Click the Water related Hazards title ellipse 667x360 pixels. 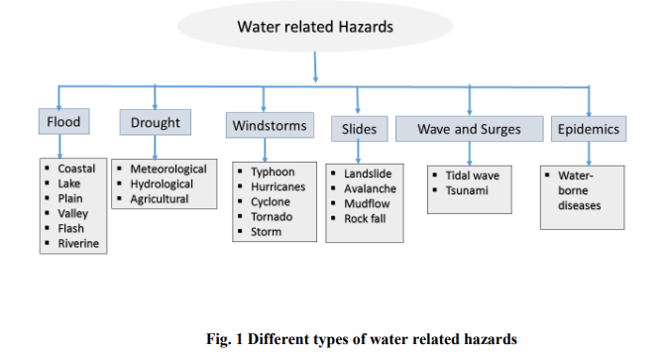(x=315, y=27)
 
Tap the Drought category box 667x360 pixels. (x=156, y=123)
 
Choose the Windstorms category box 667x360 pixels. (x=270, y=126)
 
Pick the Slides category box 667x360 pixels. (x=359, y=129)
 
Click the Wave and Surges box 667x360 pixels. (x=469, y=129)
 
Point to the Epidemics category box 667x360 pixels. (x=589, y=129)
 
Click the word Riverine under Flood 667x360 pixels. (x=78, y=243)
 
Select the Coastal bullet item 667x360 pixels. (x=76, y=169)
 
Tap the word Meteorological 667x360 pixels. (x=168, y=169)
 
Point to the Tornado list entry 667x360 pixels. (x=271, y=217)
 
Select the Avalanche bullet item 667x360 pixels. (x=370, y=188)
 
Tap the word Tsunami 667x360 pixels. (x=467, y=190)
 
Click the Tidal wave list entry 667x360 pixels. (x=473, y=176)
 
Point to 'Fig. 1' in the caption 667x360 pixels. (x=223, y=339)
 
